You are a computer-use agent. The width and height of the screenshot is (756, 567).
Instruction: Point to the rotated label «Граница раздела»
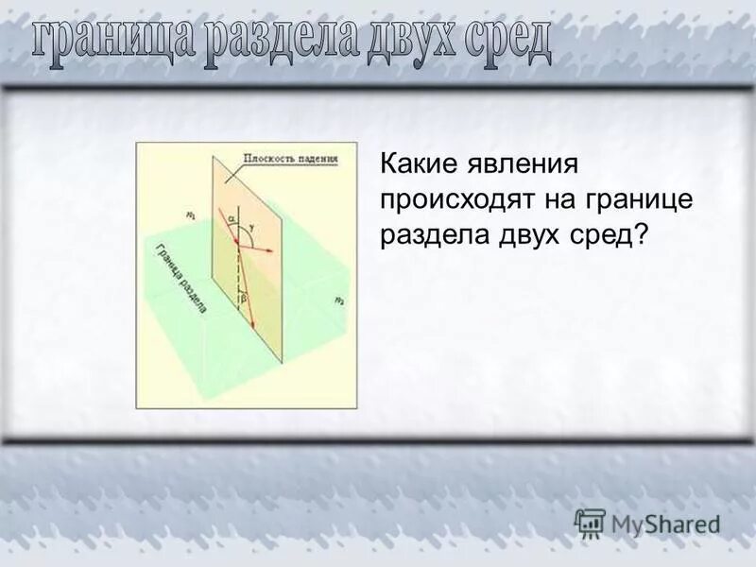(180, 280)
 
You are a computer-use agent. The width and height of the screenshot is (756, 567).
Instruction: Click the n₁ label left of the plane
(192, 216)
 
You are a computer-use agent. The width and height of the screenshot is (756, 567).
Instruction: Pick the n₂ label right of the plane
(338, 300)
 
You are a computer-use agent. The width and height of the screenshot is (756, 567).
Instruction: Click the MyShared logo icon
(590, 523)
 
